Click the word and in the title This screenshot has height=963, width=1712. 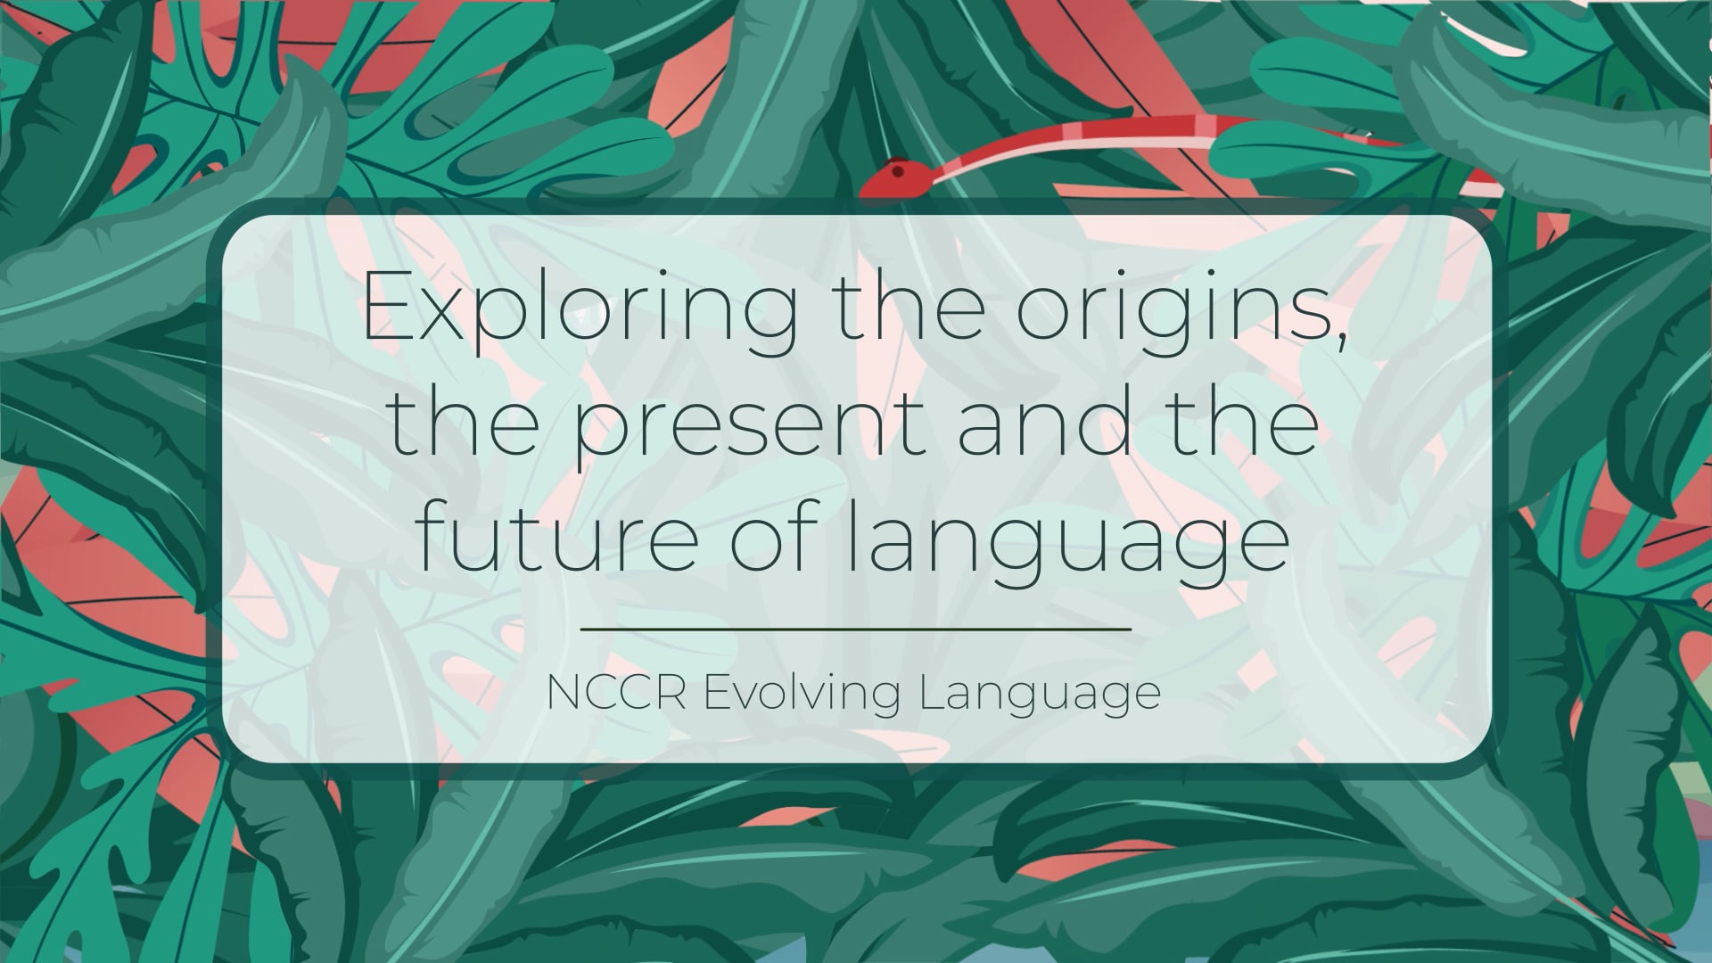point(1049,424)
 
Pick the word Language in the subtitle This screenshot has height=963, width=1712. point(1040,694)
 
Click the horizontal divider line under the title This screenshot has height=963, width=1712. point(856,629)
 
